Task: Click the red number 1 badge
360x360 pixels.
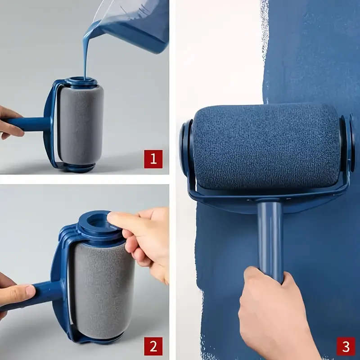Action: coord(153,159)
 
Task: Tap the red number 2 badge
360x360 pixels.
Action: coord(153,346)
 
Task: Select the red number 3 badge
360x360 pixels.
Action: coord(346,346)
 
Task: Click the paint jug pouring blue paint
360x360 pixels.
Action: coord(135,22)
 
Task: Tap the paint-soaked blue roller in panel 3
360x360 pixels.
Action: coord(265,146)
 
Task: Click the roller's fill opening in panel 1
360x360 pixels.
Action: coord(81,81)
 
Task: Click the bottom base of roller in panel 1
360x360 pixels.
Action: coord(79,167)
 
